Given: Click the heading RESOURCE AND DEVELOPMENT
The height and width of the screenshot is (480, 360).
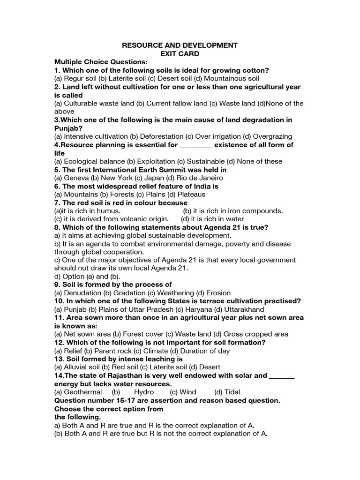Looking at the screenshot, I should pos(180,45).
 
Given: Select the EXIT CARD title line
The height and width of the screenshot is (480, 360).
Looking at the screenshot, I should pos(180,54).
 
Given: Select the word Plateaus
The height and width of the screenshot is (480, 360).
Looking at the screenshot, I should pos(191,194).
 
